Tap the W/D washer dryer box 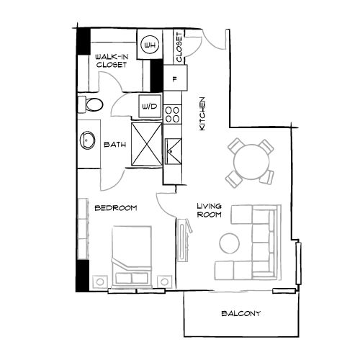point(150,106)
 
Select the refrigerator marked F point(175,78)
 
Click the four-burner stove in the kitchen point(172,114)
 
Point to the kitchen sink point(173,151)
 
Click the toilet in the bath point(91,104)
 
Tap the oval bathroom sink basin point(87,140)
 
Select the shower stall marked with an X point(147,144)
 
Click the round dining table point(251,161)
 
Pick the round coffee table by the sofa point(229,243)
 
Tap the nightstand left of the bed point(100,282)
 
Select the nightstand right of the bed point(165,282)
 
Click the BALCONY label point(240,313)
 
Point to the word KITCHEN point(202,114)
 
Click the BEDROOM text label point(116,208)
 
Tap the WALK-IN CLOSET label point(112,60)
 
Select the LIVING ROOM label point(209,210)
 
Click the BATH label point(115,145)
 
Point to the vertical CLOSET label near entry point(179,48)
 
